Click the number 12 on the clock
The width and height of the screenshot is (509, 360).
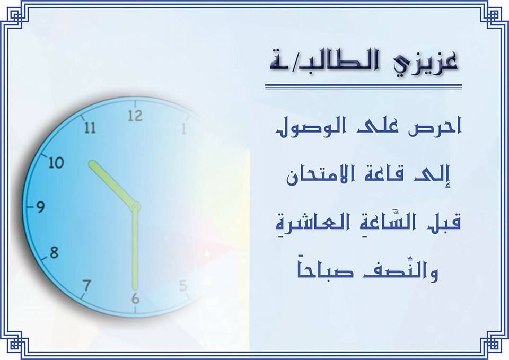[135, 116]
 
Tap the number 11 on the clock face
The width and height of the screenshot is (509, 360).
[90, 128]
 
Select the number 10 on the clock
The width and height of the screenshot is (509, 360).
[56, 162]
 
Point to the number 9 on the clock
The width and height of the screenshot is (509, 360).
[40, 207]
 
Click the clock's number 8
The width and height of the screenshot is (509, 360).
[54, 252]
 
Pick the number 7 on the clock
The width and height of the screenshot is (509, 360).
[86, 286]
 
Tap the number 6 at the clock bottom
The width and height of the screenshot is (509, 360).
[135, 298]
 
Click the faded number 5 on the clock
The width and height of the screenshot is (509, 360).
[183, 286]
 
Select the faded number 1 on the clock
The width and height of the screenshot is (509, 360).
[184, 128]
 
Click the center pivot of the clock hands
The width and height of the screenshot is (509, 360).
[135, 207]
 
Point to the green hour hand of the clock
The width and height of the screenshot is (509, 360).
[113, 184]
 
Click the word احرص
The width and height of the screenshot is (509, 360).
[435, 126]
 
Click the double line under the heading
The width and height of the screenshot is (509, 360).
[364, 86]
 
